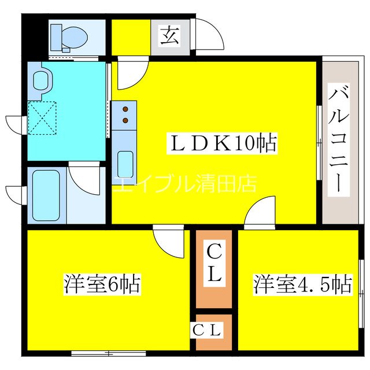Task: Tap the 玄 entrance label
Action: tap(169, 36)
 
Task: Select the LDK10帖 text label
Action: tap(223, 142)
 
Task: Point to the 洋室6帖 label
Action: tap(102, 284)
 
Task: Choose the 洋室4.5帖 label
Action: tap(302, 284)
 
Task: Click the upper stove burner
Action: tap(124, 109)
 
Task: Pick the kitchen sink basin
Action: tap(124, 163)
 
